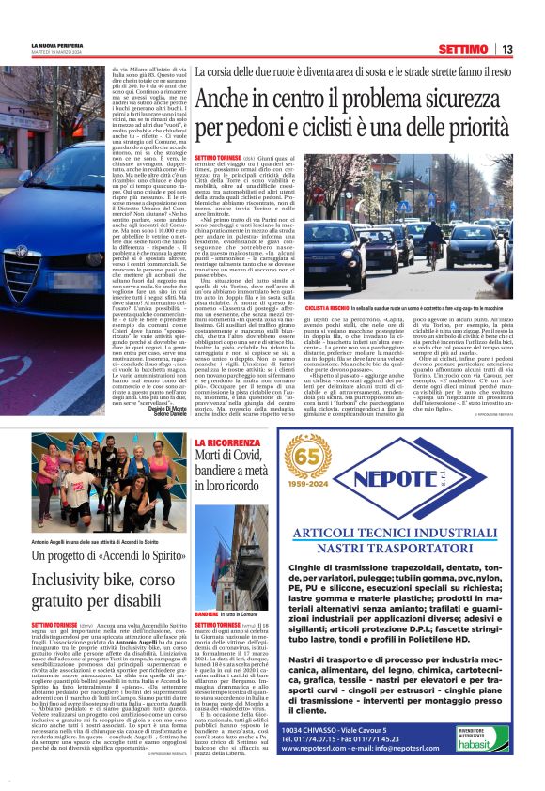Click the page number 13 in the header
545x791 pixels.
pos(506,49)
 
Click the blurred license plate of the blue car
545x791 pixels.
pos(19,303)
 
